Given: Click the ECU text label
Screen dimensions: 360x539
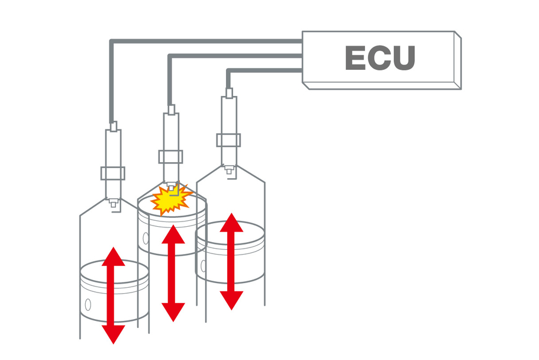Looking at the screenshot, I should click(380, 58).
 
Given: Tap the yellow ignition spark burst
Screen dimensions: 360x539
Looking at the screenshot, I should click(171, 199).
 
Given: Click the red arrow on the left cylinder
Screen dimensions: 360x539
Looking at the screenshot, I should click(114, 295).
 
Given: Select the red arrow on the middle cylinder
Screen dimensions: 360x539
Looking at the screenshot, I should click(173, 273).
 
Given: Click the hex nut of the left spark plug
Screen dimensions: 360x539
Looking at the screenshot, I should click(113, 173).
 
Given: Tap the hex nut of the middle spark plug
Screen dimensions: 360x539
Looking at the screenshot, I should click(171, 157).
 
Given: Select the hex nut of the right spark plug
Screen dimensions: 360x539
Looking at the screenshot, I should click(229, 140).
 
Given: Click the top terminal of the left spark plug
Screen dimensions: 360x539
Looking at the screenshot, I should click(113, 126).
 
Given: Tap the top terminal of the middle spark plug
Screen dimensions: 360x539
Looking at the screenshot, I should click(171, 110).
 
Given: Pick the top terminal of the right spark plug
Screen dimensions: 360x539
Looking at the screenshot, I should click(229, 92).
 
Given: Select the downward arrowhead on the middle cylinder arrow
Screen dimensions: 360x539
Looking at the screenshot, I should click(173, 311).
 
